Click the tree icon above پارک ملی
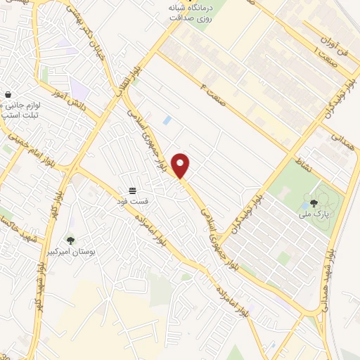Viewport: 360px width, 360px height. tap(313, 202)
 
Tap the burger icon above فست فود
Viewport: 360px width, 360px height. tap(131, 191)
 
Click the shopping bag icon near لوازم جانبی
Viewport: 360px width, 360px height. tap(7, 94)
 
